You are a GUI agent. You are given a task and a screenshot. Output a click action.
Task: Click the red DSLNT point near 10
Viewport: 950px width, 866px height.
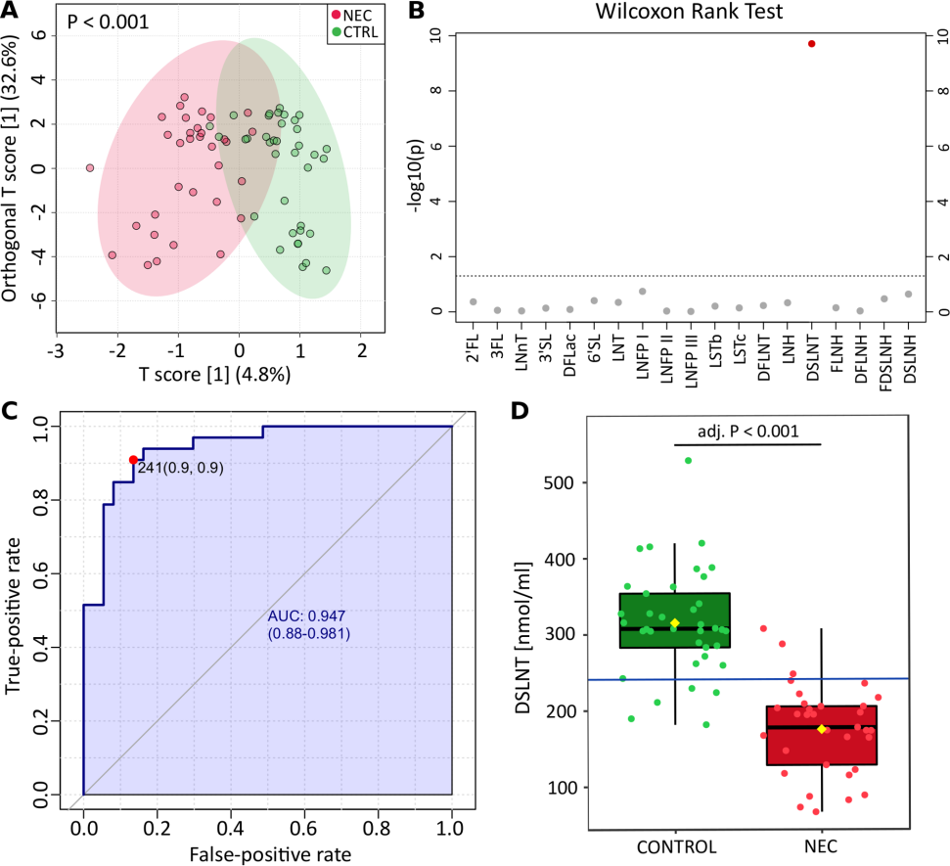811,44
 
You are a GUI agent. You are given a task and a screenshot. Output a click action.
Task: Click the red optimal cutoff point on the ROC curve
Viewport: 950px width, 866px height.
133,460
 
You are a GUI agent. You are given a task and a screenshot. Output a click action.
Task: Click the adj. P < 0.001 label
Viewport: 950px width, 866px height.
747,430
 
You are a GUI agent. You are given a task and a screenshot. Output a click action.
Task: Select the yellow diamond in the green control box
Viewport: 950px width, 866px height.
674,623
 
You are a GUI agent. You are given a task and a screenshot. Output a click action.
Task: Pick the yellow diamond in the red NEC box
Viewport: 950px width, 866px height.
822,729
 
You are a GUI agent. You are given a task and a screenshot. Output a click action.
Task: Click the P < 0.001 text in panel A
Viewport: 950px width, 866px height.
109,21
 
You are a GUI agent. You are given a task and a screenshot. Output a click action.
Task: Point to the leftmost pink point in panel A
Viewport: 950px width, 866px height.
90,168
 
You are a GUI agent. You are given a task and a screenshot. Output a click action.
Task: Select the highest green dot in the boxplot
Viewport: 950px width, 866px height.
688,460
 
